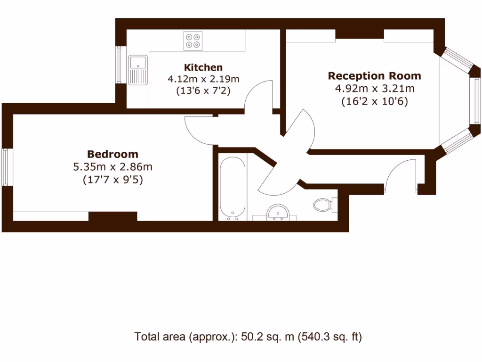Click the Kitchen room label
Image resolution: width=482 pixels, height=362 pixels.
[203, 67]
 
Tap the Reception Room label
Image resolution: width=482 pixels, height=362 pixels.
[374, 76]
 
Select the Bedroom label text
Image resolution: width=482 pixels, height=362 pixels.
[112, 154]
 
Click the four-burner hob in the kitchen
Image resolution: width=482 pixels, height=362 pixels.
[193, 41]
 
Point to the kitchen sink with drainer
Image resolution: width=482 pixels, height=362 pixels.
[138, 69]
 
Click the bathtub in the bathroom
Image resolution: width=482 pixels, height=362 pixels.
[233, 189]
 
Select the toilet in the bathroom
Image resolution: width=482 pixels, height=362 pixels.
[323, 205]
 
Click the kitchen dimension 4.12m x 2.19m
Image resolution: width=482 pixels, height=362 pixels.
[203, 79]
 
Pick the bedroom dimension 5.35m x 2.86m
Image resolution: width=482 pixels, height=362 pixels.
[112, 166]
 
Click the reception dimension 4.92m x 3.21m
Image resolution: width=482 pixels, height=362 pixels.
[374, 88]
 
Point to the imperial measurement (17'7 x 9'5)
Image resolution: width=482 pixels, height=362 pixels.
[112, 179]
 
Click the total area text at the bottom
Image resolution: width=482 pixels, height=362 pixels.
[248, 337]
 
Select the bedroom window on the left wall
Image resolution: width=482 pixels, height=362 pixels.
[6, 167]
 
